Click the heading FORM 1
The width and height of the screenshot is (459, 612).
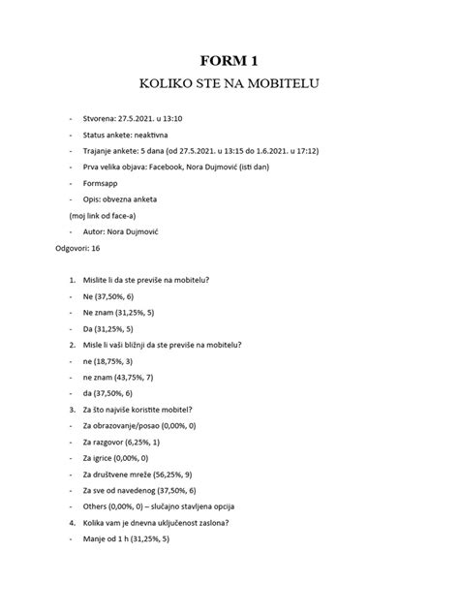point(229,60)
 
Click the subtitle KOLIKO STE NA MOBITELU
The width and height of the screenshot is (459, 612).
point(229,84)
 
